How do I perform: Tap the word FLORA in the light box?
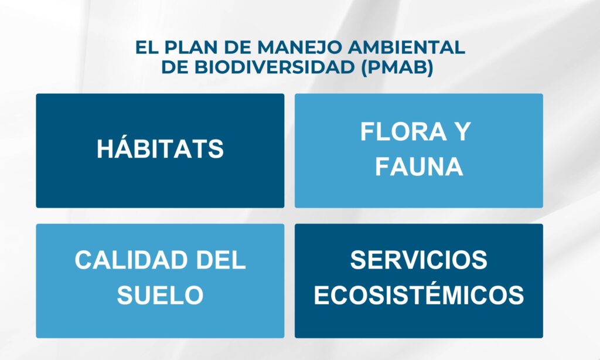[403, 131]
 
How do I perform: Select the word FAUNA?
[419, 166]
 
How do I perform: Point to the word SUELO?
[160, 295]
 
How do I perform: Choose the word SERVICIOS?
[418, 260]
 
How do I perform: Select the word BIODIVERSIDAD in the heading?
[274, 67]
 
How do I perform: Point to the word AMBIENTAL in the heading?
[407, 47]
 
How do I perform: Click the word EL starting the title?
[147, 47]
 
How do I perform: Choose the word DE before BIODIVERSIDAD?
[175, 67]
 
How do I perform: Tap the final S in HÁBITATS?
[216, 148]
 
